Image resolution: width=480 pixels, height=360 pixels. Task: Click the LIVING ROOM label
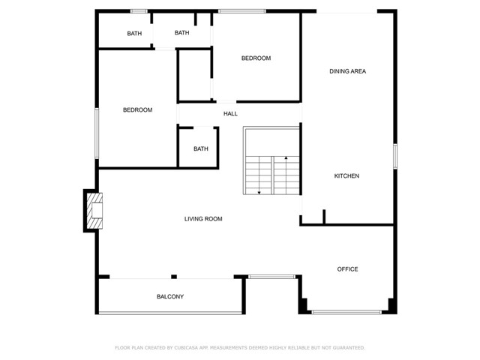[203, 219]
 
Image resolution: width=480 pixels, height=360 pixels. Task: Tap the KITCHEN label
[346, 176]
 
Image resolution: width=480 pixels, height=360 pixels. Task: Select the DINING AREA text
[347, 71]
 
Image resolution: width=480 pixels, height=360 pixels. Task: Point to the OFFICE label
[347, 269]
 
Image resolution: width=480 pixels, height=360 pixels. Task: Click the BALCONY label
[170, 297]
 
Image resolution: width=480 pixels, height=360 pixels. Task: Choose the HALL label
[230, 114]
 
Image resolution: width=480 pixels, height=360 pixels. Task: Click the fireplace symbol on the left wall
[94, 211]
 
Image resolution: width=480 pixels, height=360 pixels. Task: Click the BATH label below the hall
[201, 148]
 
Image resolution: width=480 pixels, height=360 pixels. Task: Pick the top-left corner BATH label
[134, 33]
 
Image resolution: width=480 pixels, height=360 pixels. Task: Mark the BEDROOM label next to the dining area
[256, 58]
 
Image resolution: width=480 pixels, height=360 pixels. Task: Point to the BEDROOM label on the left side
[137, 110]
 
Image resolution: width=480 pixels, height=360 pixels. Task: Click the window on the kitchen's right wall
[395, 156]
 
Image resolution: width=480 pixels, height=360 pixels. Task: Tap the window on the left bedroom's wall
[97, 133]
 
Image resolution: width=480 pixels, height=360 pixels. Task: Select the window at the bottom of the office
[346, 312]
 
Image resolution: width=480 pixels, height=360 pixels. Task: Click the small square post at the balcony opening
[174, 277]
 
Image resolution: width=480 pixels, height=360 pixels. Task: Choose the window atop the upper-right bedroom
[242, 11]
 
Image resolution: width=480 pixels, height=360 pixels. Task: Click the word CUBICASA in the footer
[186, 348]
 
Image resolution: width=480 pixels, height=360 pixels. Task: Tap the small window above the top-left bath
[139, 11]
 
